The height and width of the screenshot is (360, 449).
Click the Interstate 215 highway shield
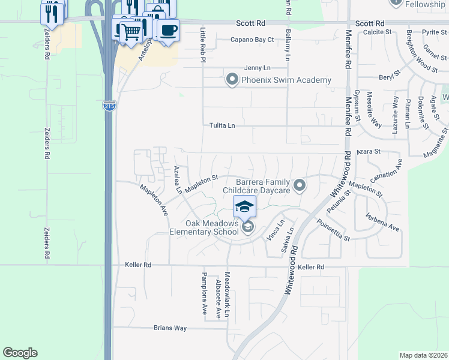pyautogui.click(x=109, y=106)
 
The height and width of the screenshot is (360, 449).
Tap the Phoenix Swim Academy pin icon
pyautogui.click(x=232, y=80)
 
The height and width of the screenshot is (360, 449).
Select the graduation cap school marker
pyautogui.click(x=244, y=207)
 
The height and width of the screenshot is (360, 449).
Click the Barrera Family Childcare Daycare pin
pyautogui.click(x=300, y=185)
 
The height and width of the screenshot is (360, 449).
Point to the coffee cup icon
pyautogui.click(x=168, y=30)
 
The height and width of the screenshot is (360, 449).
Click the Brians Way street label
pyautogui.click(x=170, y=328)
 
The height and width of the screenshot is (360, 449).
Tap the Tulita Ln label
pyautogui.click(x=222, y=125)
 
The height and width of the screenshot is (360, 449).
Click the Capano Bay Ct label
pyautogui.click(x=253, y=40)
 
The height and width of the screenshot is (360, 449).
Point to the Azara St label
pyautogui.click(x=369, y=152)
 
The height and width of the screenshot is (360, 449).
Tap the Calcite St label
pyautogui.click(x=377, y=31)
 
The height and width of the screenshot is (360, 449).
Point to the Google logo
pyautogui.click(x=20, y=353)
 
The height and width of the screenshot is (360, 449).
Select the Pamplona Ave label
pyautogui.click(x=204, y=286)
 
